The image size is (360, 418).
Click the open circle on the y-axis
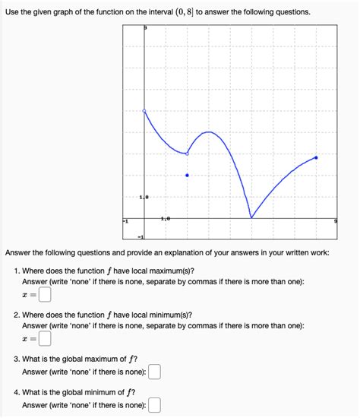(144, 111)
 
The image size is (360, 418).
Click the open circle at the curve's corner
(188, 154)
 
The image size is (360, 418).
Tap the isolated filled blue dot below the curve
(188, 176)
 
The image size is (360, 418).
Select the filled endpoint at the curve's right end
(316, 158)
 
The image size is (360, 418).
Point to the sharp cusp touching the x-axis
(251, 218)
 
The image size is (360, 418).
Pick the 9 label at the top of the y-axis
(146, 27)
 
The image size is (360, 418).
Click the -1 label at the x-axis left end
(126, 221)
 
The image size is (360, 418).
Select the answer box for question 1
(45, 294)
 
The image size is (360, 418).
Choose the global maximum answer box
(155, 372)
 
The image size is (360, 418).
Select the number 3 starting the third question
(17, 359)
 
